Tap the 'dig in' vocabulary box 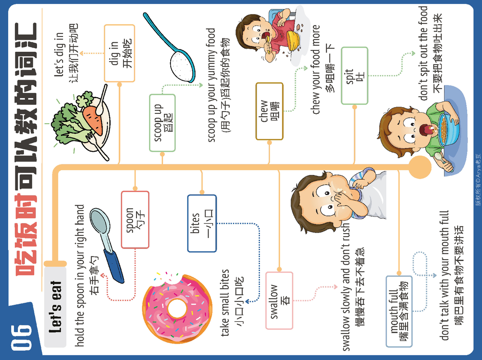119,53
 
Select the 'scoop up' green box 162,122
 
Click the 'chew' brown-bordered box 269,111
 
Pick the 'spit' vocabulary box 355,76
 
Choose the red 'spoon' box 135,220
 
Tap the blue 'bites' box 202,223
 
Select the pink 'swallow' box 279,301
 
